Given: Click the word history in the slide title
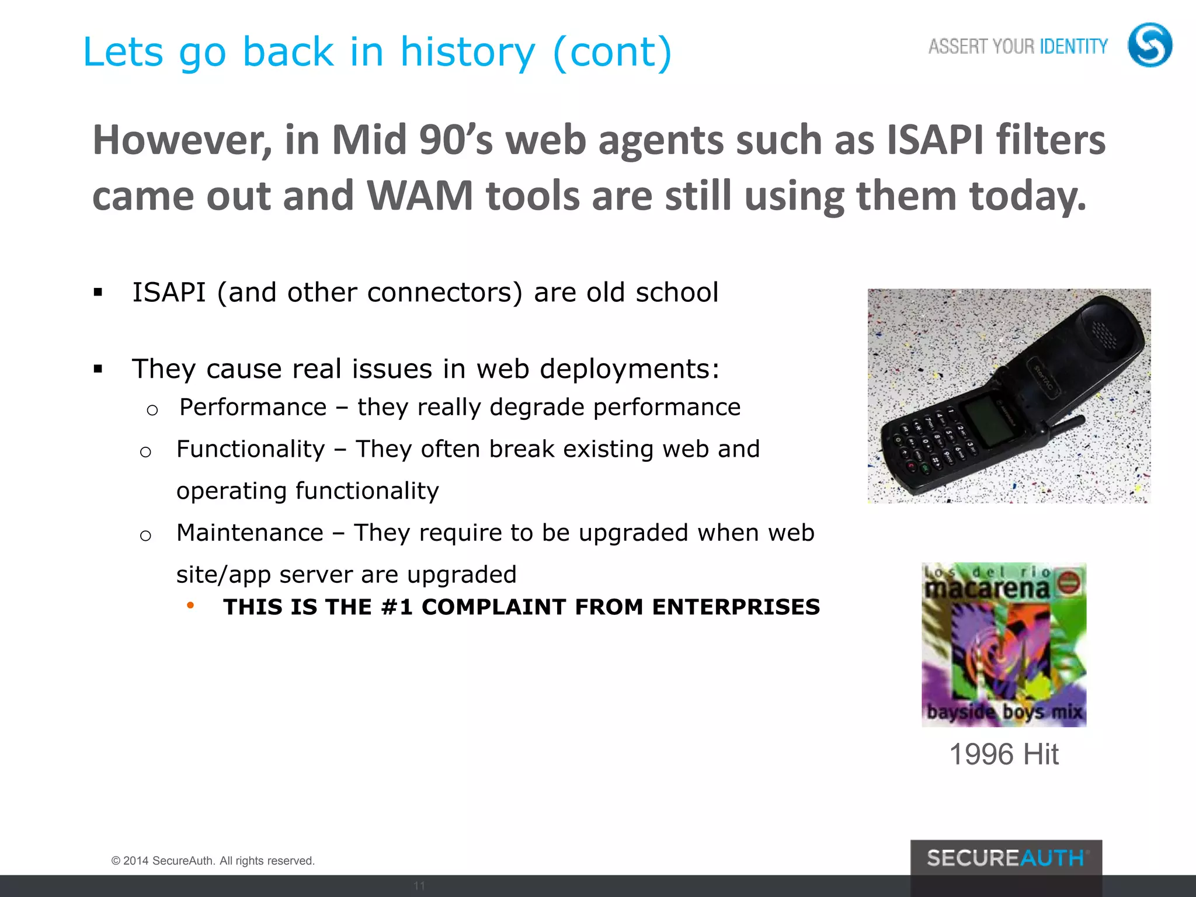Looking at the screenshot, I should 467,53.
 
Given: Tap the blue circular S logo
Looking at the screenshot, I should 1149,45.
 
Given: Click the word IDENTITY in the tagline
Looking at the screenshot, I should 1073,46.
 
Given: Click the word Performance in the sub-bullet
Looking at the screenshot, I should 253,407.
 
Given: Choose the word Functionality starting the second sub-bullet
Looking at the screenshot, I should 251,449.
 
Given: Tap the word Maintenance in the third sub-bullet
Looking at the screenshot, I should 250,533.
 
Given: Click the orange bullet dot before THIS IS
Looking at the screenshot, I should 190,606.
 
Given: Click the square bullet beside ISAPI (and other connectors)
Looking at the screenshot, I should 98,293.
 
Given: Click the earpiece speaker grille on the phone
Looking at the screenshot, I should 1104,333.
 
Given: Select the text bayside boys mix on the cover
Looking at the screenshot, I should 1004,712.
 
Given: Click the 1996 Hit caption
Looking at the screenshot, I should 1004,754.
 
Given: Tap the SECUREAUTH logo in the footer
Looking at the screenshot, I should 1006,858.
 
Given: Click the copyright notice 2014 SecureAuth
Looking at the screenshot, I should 213,861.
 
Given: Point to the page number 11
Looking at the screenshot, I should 419,885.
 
